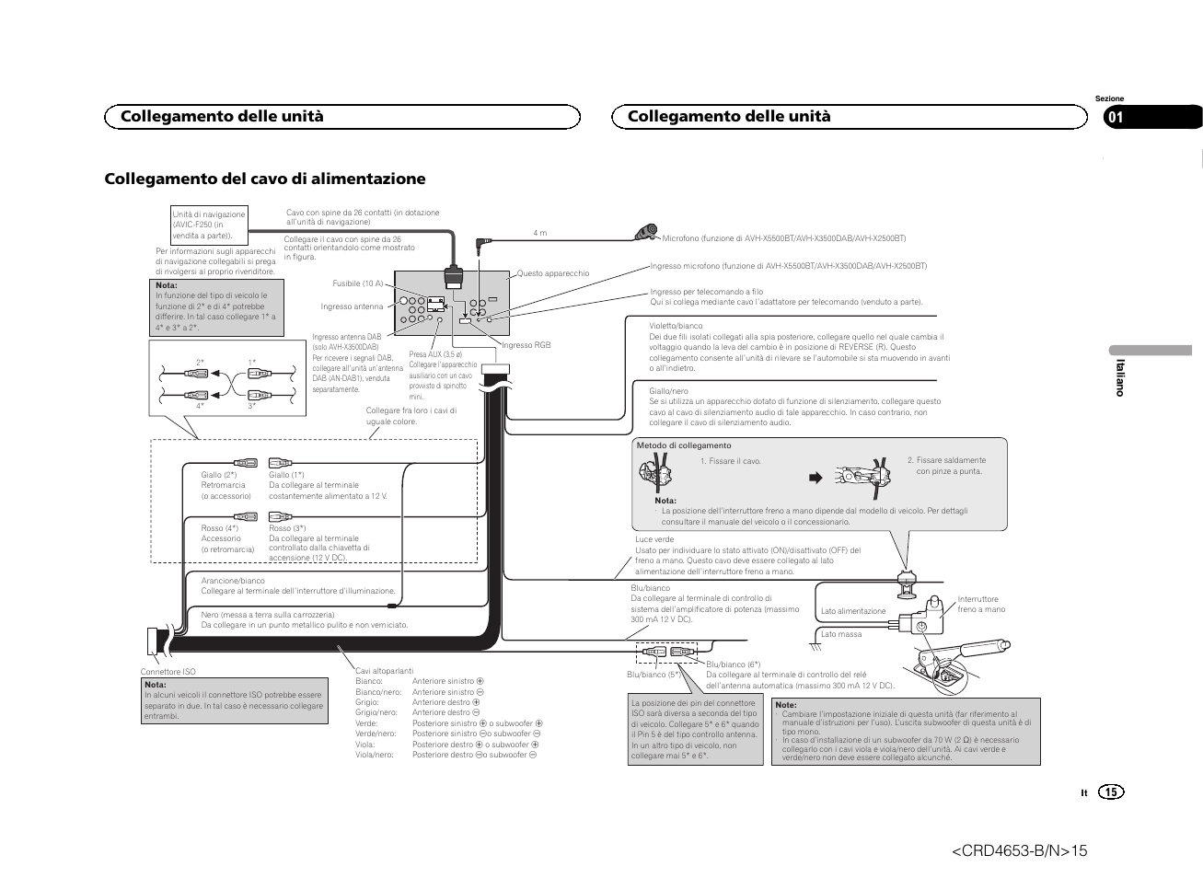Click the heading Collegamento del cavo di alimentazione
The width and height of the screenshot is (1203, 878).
265,178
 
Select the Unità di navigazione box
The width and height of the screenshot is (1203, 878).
209,225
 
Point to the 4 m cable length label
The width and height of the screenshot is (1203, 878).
539,233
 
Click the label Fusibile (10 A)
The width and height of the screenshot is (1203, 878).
357,283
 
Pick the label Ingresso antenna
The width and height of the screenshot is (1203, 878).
352,306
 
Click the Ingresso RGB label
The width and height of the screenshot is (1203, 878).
526,345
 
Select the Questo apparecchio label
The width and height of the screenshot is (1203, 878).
552,273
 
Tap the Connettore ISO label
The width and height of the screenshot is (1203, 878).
168,672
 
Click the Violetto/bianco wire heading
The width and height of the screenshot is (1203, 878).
676,326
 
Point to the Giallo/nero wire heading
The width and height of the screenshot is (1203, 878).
668,391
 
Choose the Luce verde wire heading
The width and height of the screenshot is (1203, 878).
654,539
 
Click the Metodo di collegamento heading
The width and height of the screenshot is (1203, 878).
684,445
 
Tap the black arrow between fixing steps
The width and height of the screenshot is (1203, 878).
814,478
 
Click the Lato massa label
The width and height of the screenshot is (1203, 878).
841,634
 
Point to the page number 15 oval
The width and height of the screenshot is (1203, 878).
1111,792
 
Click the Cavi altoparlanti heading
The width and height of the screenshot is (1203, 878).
384,671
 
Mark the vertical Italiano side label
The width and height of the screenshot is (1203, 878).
1120,377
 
